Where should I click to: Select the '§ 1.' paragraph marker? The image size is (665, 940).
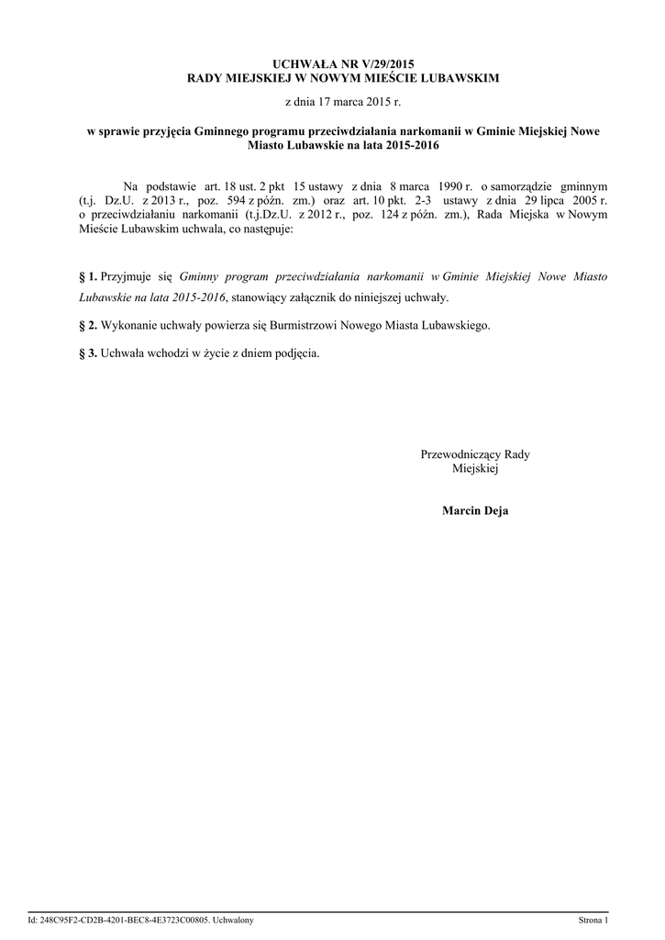pyautogui.click(x=89, y=275)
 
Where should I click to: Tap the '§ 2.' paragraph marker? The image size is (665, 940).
pyautogui.click(x=89, y=326)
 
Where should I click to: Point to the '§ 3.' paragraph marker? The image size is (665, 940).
pyautogui.click(x=89, y=352)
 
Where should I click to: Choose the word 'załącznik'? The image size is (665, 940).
pyautogui.click(x=318, y=298)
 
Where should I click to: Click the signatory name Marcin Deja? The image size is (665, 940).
pyautogui.click(x=474, y=510)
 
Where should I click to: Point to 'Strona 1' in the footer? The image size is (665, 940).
pyautogui.click(x=593, y=919)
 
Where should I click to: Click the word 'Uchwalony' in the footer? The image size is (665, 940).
pyautogui.click(x=232, y=919)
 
